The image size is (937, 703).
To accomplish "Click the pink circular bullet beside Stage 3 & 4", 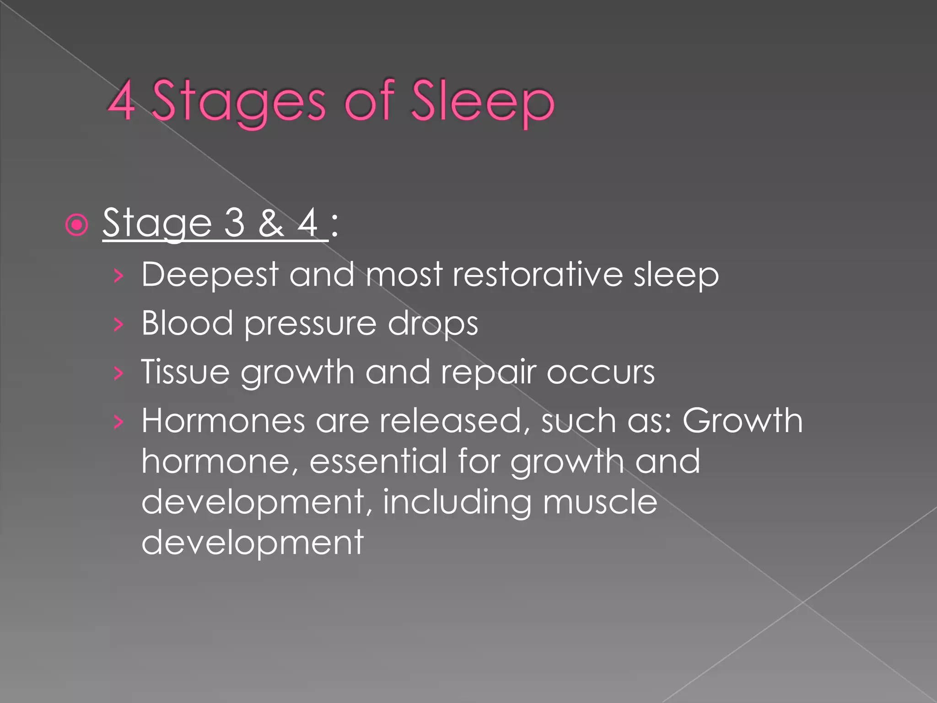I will (76, 225).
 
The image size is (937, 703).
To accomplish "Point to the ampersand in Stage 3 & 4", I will (271, 223).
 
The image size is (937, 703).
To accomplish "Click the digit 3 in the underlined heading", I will (235, 223).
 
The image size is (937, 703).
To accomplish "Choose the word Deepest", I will (210, 275).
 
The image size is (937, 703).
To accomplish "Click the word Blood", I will (187, 323).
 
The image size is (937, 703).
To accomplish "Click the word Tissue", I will (185, 372).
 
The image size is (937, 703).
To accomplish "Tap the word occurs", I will (601, 373).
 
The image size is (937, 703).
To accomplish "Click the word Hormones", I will (223, 421).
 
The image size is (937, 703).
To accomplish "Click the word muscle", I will (600, 502).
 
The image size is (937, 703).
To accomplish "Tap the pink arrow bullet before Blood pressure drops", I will (118, 324).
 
